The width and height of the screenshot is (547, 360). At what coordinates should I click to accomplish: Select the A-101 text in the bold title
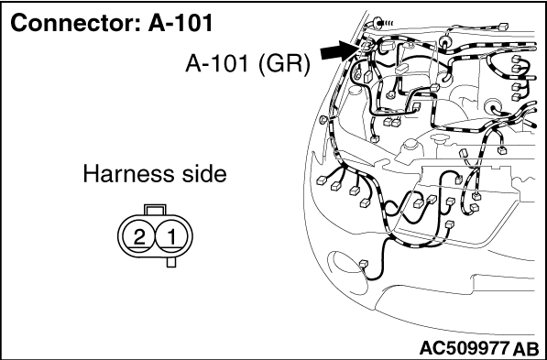tap(181, 24)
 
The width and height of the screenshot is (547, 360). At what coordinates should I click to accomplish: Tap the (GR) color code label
tap(284, 64)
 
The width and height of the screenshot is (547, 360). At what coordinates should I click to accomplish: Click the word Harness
tap(128, 174)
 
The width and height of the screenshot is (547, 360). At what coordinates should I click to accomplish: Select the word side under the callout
tap(202, 174)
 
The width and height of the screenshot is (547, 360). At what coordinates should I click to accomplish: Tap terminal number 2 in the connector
tap(139, 237)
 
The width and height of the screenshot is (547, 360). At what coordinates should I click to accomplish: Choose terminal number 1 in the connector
tap(171, 237)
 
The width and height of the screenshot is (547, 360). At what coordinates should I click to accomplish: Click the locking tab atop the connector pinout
tap(155, 209)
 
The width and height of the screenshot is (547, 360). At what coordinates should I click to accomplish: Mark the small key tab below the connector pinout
tap(171, 262)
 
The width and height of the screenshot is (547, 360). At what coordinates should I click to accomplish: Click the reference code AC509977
tap(464, 348)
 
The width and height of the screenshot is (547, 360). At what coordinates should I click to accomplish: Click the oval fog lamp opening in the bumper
tap(346, 265)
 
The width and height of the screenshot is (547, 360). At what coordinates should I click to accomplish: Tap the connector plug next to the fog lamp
tap(364, 264)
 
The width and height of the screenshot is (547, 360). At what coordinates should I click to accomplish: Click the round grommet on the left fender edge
tap(323, 120)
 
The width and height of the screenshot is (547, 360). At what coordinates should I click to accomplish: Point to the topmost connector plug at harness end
tap(503, 26)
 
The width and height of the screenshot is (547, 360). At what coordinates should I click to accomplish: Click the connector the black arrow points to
tap(364, 45)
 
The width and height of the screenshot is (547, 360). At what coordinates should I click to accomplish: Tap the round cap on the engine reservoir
tap(410, 144)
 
